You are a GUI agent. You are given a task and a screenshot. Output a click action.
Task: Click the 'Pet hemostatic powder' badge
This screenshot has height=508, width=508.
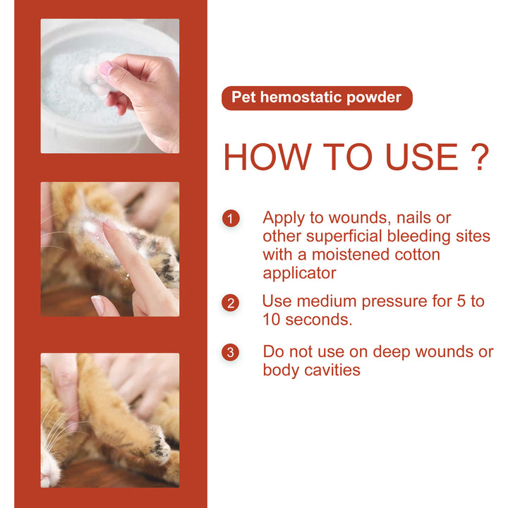coord(316,97)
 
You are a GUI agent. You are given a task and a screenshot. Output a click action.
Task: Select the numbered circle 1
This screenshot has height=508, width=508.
coord(231,218)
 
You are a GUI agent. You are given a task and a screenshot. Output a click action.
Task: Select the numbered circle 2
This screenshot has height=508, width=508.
coord(231,303)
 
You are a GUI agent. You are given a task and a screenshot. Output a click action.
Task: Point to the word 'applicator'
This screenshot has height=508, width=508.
coord(298,272)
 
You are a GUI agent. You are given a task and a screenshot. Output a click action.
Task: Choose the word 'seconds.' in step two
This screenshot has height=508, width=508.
coord(317,320)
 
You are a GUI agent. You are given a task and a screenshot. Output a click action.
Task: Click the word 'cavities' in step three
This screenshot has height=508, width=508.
coord(332,370)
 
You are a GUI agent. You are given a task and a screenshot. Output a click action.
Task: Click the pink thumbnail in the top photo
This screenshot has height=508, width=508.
coord(106,68)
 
